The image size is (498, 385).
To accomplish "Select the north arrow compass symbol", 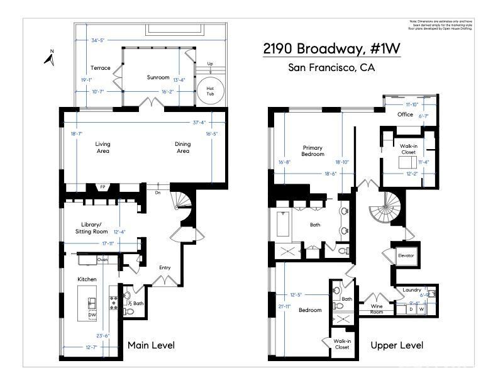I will tap(50, 58).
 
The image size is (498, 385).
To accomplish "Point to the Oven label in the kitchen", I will tap(102, 259).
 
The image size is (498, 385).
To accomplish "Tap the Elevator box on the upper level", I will tap(406, 255).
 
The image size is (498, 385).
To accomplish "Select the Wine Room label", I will tap(377, 309).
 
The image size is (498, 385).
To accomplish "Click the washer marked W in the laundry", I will tap(422, 309).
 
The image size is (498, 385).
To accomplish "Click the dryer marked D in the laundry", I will tap(411, 309).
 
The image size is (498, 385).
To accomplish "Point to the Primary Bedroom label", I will tap(313, 151).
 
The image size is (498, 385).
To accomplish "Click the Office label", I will tap(406, 114).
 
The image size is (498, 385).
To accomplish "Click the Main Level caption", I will tap(151, 345).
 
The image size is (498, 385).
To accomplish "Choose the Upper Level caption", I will tap(397, 345).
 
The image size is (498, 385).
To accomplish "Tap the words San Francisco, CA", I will tap(331, 68).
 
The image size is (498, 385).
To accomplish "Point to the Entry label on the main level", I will tap(165, 268).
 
